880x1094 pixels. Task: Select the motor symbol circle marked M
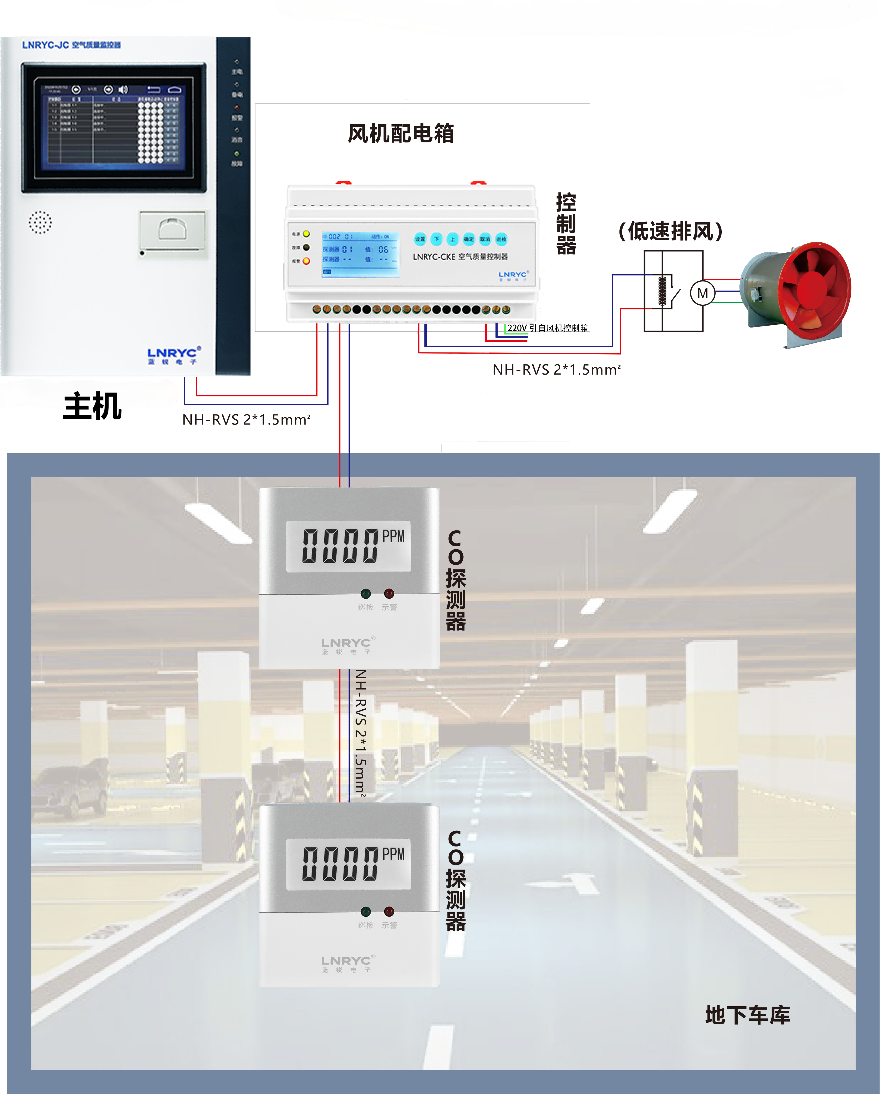(x=703, y=293)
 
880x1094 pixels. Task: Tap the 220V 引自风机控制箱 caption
(x=548, y=328)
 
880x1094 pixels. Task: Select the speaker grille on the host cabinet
(x=40, y=222)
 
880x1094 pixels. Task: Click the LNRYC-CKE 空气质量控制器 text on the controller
(x=460, y=257)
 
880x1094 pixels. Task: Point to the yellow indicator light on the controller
(x=306, y=234)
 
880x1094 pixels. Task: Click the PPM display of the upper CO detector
(x=348, y=546)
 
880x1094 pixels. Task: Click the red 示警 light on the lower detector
(x=389, y=911)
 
